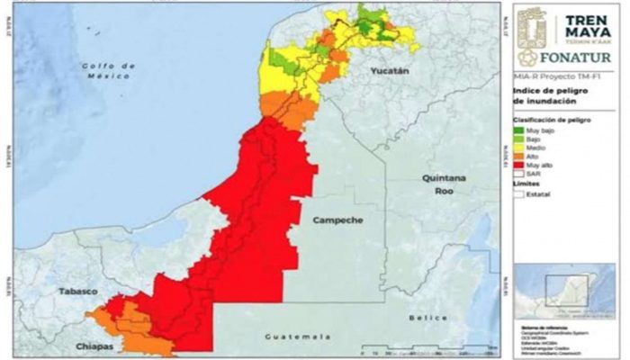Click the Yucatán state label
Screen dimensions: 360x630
[x=389, y=70]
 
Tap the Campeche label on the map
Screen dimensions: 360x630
[x=337, y=220]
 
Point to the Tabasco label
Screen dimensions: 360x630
[x=78, y=292]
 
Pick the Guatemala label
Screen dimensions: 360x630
[x=292, y=336]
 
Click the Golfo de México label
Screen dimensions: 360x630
[x=106, y=71]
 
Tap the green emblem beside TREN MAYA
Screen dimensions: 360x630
[x=534, y=31]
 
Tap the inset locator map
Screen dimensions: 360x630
[x=562, y=290]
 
